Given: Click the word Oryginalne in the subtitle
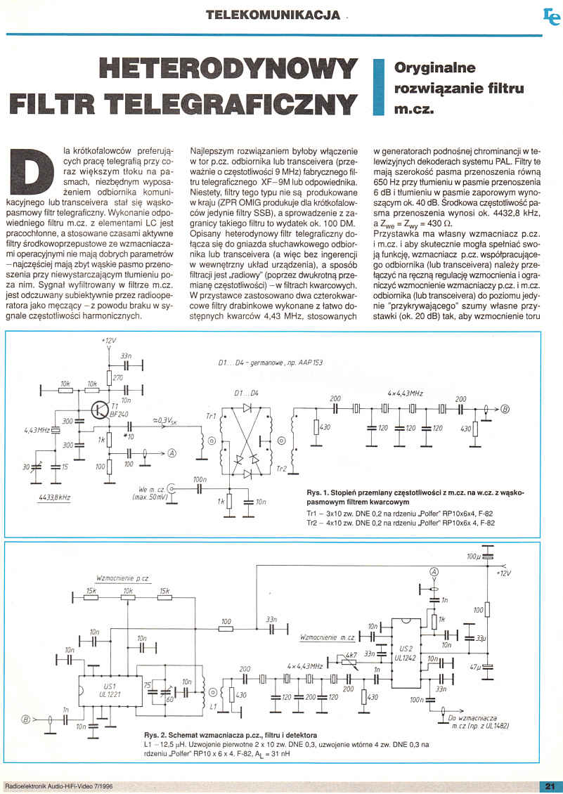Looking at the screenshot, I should point(426,68).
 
